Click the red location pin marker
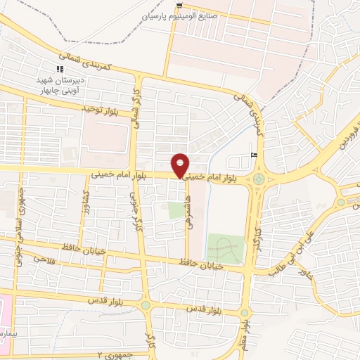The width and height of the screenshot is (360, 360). click(x=181, y=165)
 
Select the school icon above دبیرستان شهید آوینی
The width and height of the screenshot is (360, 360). click(x=60, y=68)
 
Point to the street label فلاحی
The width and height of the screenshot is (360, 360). click(x=44, y=259)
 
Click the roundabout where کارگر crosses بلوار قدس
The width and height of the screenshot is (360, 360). click(x=146, y=304)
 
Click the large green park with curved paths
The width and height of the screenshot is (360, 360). click(x=224, y=248)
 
